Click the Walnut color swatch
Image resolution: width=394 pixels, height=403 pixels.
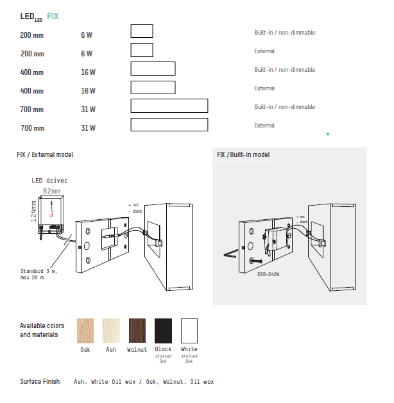pos(137,331)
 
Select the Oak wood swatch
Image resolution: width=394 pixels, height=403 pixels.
pos(85,331)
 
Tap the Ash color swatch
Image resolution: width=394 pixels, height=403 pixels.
pos(111,331)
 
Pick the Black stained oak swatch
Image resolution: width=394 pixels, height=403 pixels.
pos(163,331)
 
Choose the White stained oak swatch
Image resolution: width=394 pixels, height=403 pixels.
pos(189,331)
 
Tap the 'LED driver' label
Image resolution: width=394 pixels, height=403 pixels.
pos(49,181)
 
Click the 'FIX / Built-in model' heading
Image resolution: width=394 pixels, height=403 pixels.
pos(243,155)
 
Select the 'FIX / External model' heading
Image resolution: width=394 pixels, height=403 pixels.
pos(45,155)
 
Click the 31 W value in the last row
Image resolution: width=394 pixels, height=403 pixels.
pos(88,128)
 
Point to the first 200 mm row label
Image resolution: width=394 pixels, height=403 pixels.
pos(32,35)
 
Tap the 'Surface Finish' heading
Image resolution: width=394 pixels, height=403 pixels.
pos(40,382)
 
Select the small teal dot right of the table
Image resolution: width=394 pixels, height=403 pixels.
pos(328,134)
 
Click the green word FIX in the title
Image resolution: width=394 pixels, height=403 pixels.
pos(53,16)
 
